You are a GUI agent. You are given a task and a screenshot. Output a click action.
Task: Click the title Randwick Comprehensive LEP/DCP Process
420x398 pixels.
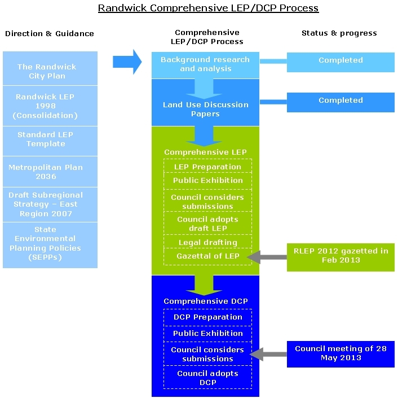208,8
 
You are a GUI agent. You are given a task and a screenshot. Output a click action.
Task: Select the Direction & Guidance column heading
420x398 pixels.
50,33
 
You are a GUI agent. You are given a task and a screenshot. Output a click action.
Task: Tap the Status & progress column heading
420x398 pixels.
339,33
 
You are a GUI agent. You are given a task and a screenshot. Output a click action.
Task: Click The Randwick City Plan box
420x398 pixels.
50,71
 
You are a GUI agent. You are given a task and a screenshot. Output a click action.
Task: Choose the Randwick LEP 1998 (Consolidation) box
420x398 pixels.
50,106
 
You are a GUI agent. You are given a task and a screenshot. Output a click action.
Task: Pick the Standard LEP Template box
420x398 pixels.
50,139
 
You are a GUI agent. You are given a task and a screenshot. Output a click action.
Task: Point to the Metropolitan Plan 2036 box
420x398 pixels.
50,172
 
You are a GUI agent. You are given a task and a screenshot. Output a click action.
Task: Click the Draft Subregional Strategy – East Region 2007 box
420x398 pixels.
50,204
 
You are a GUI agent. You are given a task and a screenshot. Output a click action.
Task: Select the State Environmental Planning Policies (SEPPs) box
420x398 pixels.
50,243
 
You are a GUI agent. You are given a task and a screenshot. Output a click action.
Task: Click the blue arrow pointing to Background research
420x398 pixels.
127,62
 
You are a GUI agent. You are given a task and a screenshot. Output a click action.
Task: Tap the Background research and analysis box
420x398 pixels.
205,64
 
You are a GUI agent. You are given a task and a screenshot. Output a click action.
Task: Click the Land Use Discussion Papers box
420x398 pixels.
205,109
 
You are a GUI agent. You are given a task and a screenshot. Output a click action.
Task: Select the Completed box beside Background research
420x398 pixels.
341,61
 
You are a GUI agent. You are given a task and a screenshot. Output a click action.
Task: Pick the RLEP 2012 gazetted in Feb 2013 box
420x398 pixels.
341,256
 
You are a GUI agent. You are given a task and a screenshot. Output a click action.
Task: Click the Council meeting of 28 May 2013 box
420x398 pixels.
341,353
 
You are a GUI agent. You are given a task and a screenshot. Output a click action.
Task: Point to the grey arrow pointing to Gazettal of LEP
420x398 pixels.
268,257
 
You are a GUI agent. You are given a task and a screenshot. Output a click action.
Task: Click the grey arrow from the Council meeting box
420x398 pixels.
268,355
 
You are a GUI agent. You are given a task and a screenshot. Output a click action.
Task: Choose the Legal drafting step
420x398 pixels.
207,242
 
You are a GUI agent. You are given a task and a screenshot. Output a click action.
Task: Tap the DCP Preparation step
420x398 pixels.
207,317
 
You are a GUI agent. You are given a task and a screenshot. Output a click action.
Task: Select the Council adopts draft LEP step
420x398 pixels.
207,224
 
